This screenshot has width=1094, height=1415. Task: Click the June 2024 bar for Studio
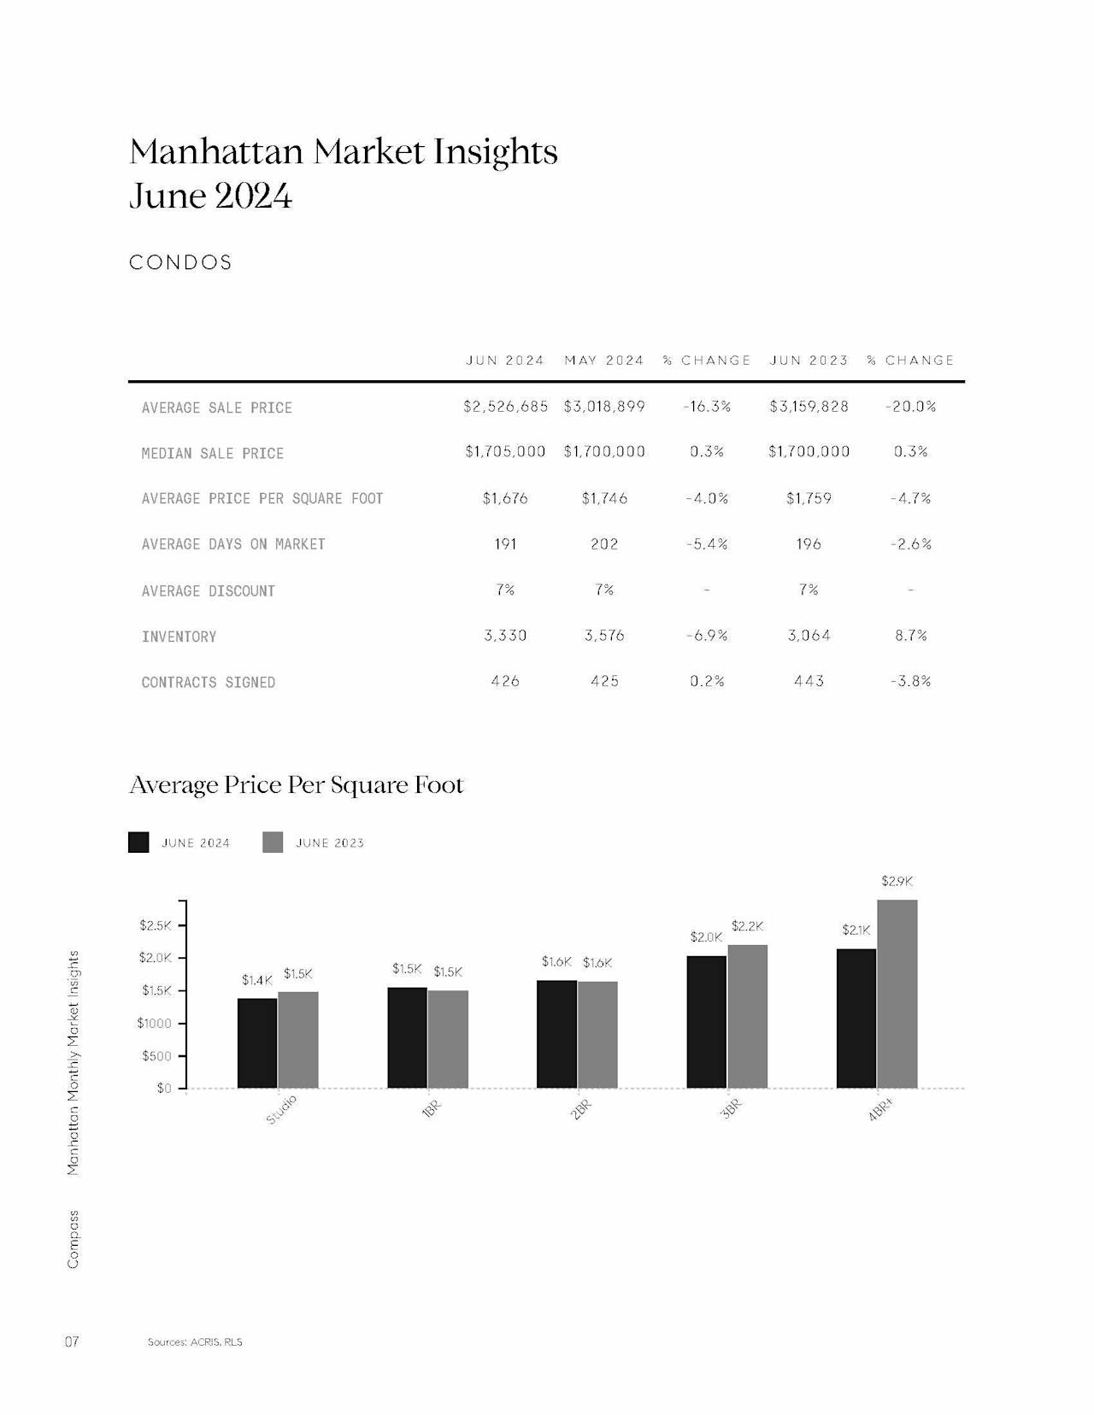pos(257,1042)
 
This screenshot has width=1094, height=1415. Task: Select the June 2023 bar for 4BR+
pos(897,994)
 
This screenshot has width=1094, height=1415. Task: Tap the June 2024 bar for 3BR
pos(707,1022)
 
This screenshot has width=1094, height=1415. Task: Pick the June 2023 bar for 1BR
pos(448,1039)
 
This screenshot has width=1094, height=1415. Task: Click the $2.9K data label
pos(897,881)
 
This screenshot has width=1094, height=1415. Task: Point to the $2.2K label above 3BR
pos(748,925)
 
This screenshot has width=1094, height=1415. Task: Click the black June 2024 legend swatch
pos(138,842)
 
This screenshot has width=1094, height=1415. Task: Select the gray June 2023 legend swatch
pos(273,842)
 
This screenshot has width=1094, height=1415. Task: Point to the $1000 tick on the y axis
pos(154,1023)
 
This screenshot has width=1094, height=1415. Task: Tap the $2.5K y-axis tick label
pos(155,925)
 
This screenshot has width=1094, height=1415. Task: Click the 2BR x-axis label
pos(581,1110)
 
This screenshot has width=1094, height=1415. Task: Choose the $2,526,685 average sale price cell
pos(505,407)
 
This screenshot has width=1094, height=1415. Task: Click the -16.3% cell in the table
pos(707,407)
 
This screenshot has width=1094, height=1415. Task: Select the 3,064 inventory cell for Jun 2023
pos(809,636)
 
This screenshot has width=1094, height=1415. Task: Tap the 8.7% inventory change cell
pos(910,636)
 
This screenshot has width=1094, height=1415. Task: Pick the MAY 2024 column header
pos(604,360)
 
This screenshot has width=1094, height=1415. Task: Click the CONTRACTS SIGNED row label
pos(209,683)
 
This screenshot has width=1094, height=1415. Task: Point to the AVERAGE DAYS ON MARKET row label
pos(233,544)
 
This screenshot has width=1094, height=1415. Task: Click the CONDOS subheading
pos(180,262)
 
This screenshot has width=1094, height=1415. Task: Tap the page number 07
pos(72,1342)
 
